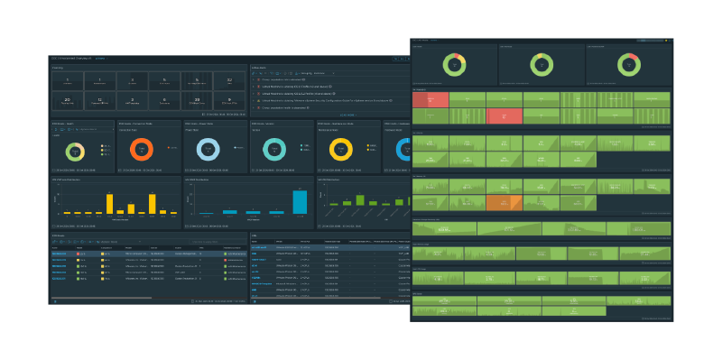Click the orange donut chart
[x=144, y=149]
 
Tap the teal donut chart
[x=277, y=149]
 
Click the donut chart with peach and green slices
[x=78, y=150]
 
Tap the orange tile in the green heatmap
[x=497, y=203]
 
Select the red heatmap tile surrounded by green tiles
[x=504, y=115]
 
